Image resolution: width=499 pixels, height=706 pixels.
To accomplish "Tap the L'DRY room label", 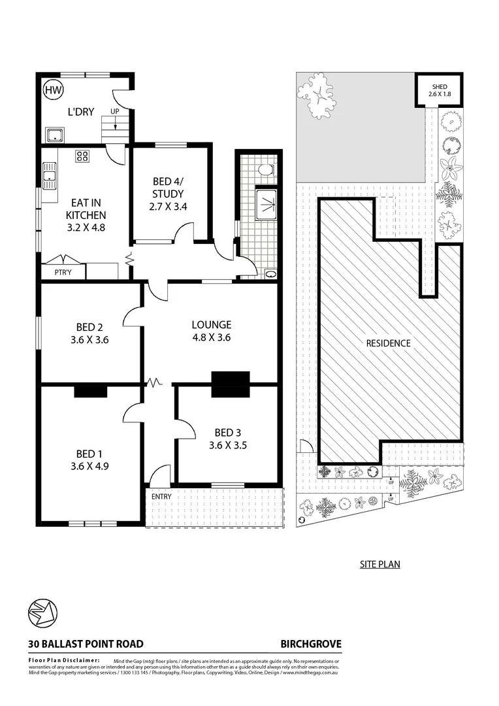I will pos(81,112).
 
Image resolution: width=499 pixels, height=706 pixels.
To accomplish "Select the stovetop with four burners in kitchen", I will pos(84,156).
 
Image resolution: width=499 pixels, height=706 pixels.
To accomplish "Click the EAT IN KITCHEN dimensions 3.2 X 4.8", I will pos(86,229).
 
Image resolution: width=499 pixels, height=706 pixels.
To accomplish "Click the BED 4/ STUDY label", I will pos(169,188).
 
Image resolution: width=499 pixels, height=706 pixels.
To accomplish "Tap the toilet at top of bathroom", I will pos(265,170).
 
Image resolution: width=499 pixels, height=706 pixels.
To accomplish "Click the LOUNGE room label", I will pos(211,324).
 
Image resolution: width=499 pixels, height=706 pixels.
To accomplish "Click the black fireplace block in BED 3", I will pos(231,383).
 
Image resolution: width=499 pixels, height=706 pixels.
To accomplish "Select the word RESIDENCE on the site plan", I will pos(388,343).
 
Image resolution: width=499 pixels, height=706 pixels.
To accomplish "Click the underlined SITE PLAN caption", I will pos(380,564).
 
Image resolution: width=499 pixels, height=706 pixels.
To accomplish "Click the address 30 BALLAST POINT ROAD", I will pos(86,644).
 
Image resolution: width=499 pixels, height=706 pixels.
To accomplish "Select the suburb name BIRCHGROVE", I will pos(310,644).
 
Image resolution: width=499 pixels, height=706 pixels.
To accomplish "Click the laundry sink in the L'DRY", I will pos(54,135).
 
